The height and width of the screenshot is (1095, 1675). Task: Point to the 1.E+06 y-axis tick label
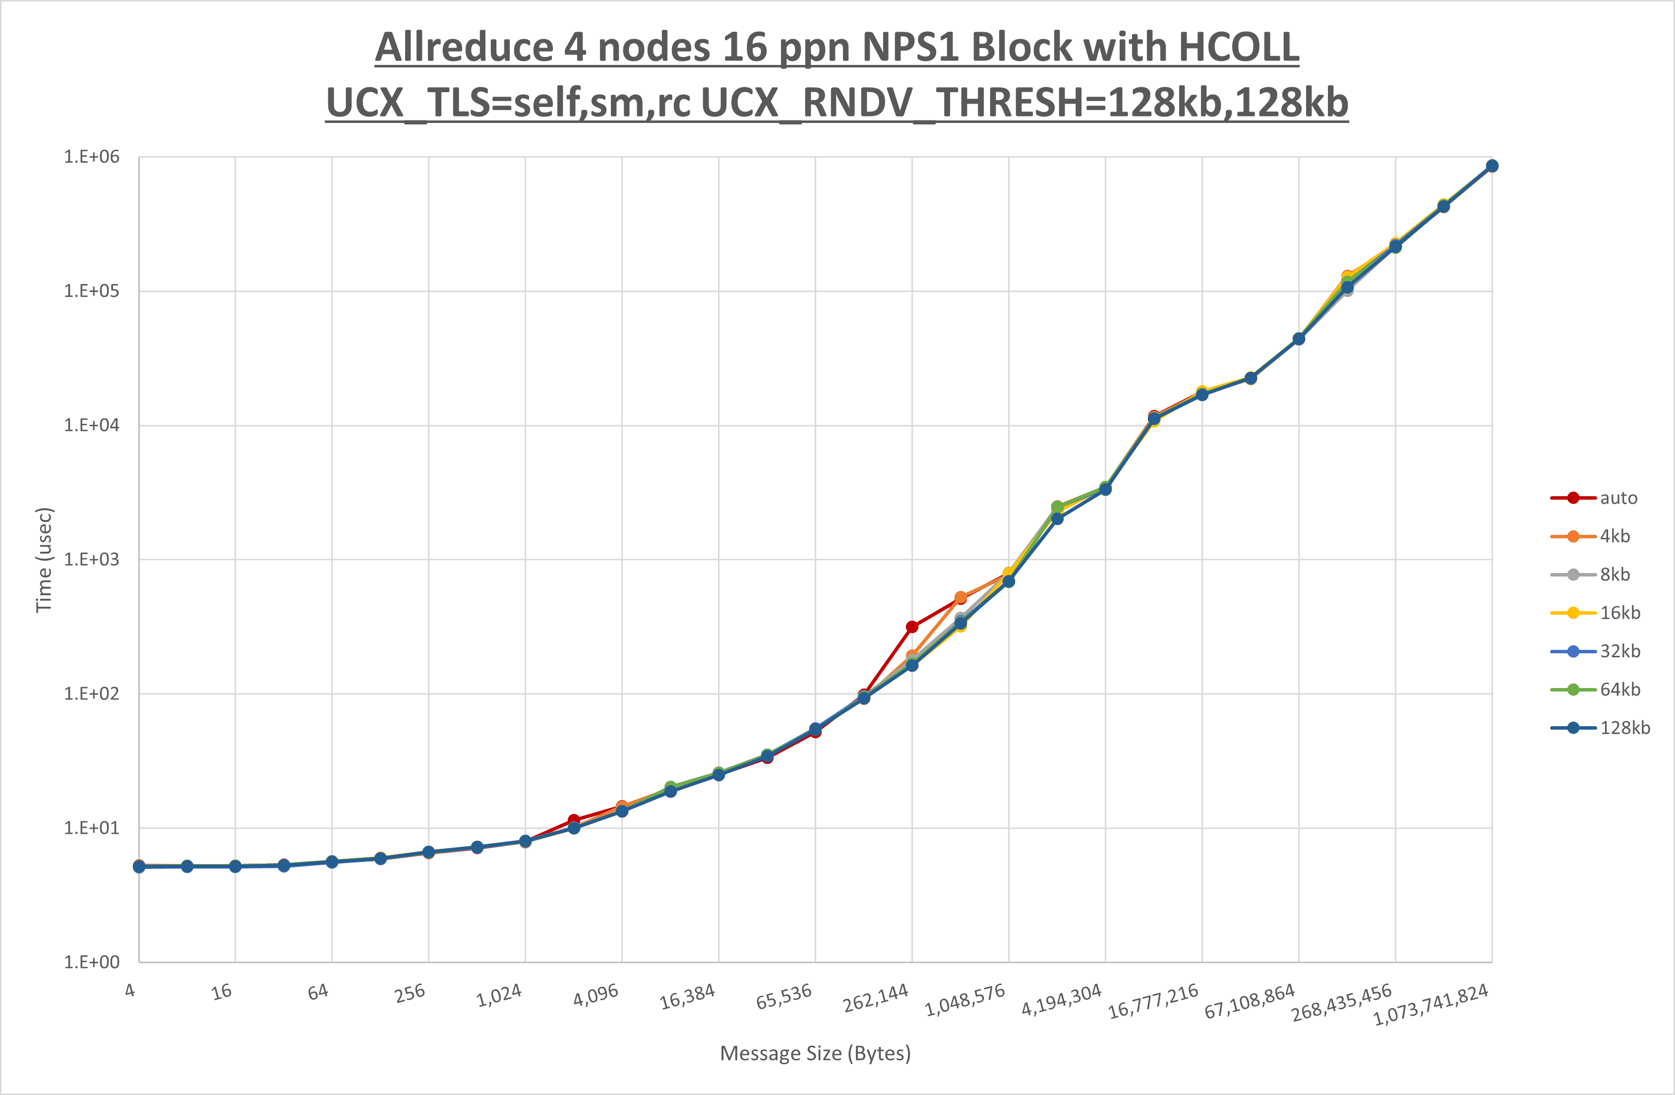pos(92,157)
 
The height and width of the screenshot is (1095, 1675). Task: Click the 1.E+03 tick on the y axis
pos(92,560)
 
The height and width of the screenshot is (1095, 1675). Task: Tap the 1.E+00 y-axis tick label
pos(92,962)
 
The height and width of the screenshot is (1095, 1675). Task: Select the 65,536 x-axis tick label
pos(783,996)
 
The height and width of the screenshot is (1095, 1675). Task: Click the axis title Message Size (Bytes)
pos(815,1053)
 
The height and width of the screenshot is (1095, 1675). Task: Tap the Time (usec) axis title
pos(44,560)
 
